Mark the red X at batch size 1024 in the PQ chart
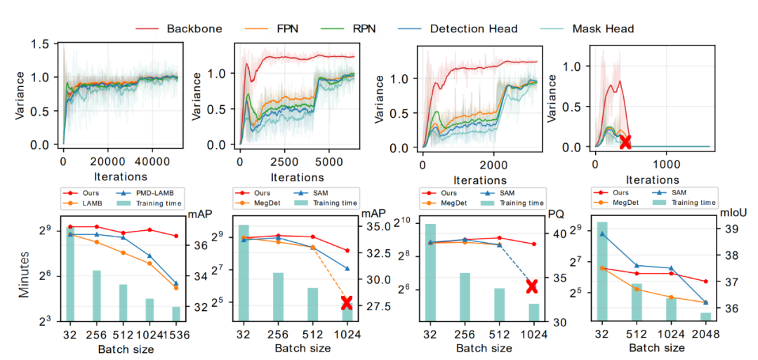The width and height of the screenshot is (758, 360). [x=531, y=286]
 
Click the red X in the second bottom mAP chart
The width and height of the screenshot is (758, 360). [x=347, y=303]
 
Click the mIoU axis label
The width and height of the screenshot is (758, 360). [x=730, y=209]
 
